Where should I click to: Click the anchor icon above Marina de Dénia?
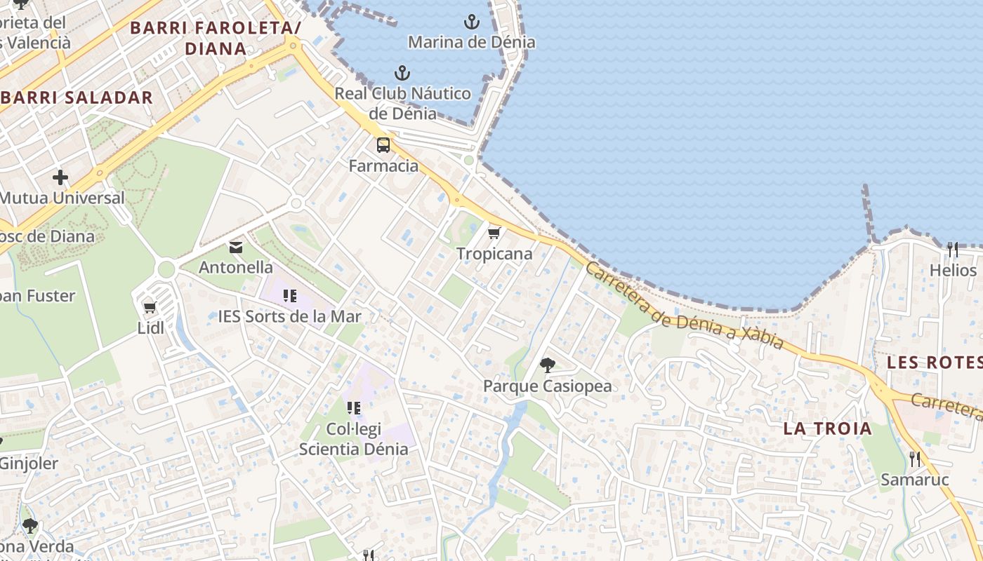coord(472,22)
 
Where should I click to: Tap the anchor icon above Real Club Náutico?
coord(402,72)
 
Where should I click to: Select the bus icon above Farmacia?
coord(383,145)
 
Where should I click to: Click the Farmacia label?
coord(384,166)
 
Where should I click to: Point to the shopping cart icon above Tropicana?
coord(494,233)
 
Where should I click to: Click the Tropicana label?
coord(494,254)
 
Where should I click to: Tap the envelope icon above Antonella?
coord(236,247)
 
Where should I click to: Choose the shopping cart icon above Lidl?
coord(150,307)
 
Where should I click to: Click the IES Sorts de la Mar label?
coord(290,316)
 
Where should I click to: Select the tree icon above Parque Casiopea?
coord(548,365)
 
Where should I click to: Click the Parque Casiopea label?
coord(548,386)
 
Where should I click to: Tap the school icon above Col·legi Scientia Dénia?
coord(354,407)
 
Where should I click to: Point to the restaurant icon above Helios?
coord(953,249)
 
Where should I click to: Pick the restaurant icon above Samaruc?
coord(915,459)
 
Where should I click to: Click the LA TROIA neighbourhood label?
coord(828,428)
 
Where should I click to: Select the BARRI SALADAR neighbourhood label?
coord(77,97)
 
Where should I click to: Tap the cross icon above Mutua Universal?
coord(60,177)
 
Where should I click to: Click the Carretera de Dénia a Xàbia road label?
coord(684,306)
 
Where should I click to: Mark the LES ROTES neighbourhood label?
coord(934,363)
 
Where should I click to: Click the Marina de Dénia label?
coord(472,42)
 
